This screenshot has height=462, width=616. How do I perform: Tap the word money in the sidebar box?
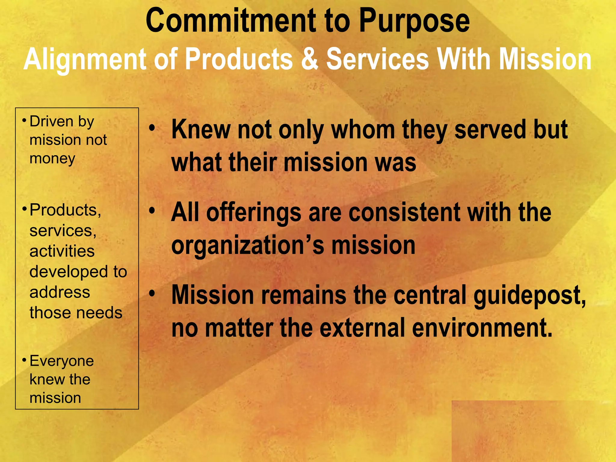pos(52,159)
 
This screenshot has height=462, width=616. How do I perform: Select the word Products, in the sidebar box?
pos(65,210)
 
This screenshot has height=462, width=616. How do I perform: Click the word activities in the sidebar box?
pos(62,251)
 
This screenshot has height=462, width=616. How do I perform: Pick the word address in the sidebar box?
pos(60,292)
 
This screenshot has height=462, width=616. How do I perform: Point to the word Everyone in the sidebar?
pos(62,361)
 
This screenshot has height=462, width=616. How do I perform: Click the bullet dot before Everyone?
pos(24,359)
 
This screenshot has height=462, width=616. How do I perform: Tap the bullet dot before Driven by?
pos(24,120)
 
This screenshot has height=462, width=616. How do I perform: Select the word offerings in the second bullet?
pos(254,213)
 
